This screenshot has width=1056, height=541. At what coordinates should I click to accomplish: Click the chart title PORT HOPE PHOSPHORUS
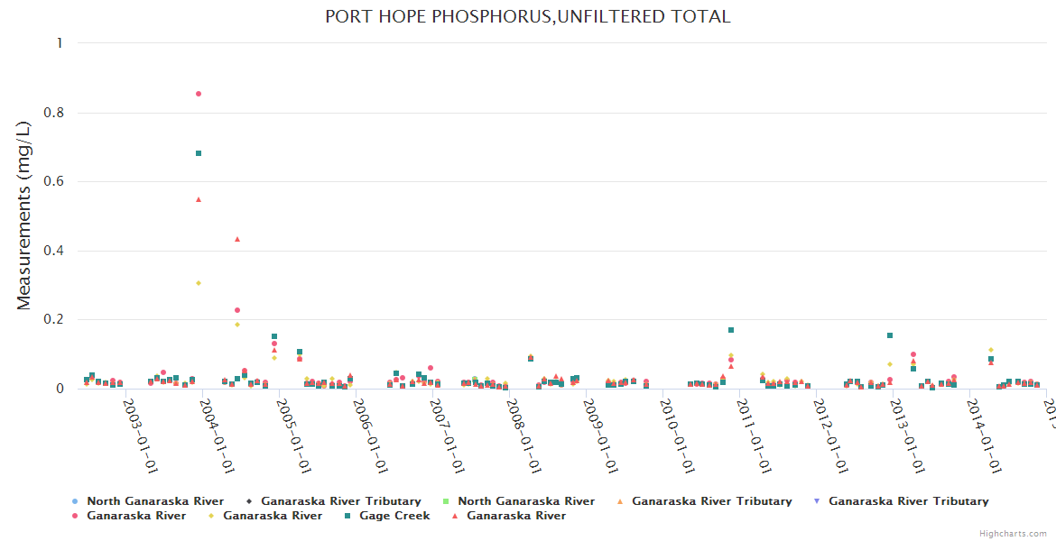[528, 17]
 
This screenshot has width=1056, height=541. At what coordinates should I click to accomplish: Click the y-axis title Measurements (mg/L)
[24, 216]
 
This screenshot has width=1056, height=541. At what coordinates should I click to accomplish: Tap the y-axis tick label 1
[60, 43]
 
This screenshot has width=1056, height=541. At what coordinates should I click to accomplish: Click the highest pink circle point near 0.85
[199, 94]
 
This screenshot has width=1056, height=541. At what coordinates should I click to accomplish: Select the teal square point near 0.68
[199, 153]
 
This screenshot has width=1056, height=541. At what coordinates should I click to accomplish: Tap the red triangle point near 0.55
[199, 199]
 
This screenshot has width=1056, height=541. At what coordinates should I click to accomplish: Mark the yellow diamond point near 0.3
[199, 283]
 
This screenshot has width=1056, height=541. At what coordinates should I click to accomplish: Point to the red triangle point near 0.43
[237, 239]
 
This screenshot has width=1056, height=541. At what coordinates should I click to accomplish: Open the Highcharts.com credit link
[1014, 534]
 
